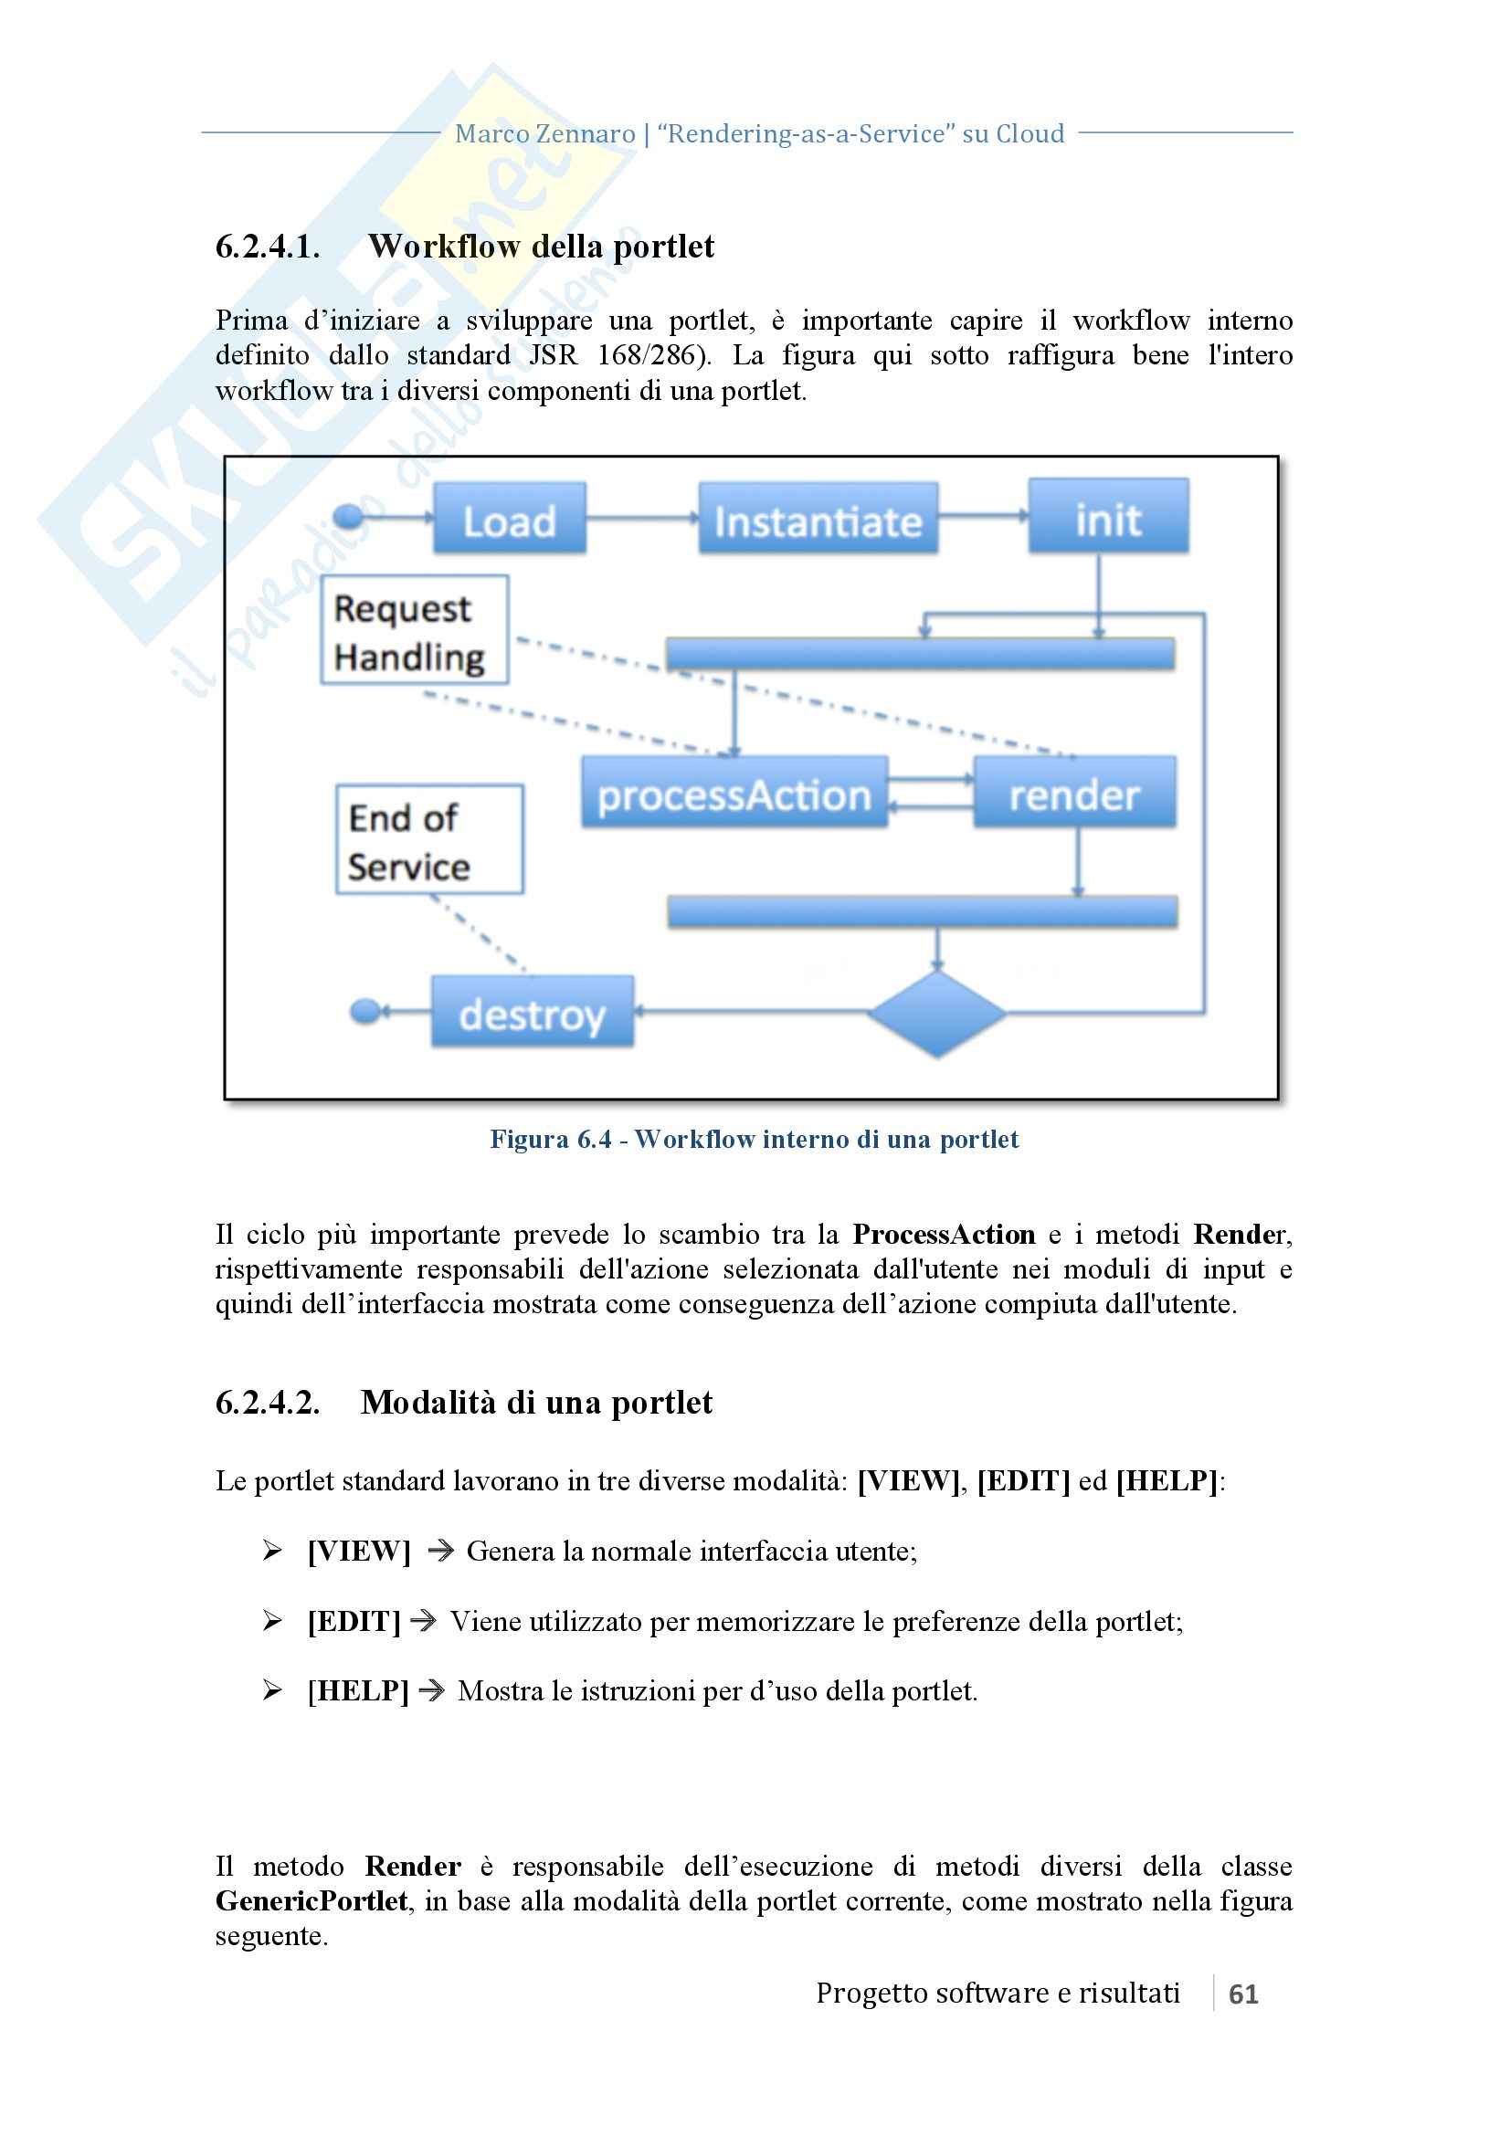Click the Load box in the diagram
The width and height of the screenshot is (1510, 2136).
(x=509, y=519)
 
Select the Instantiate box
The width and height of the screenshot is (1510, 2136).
(x=818, y=519)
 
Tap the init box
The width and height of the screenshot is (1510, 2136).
(x=1107, y=517)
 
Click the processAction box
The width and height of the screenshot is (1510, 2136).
(x=734, y=794)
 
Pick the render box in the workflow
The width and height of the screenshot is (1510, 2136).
(x=1073, y=794)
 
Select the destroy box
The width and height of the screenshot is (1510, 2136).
(x=533, y=1012)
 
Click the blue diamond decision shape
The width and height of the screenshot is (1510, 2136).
(x=936, y=1012)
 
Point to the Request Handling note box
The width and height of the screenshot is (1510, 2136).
(x=414, y=631)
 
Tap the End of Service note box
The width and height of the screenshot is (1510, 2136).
(x=429, y=840)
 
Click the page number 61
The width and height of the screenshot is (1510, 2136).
(x=1243, y=1994)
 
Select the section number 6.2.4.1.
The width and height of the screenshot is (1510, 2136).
(x=268, y=247)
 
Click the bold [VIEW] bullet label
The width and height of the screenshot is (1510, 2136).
(x=359, y=1551)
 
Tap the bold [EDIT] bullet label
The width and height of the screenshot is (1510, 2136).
(x=354, y=1622)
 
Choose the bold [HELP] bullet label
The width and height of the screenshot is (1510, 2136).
(x=358, y=1690)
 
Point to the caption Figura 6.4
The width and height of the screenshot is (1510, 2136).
(x=551, y=1140)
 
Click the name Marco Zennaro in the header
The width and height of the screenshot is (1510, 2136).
(x=544, y=135)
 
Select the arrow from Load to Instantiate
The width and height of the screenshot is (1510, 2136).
(x=642, y=518)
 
